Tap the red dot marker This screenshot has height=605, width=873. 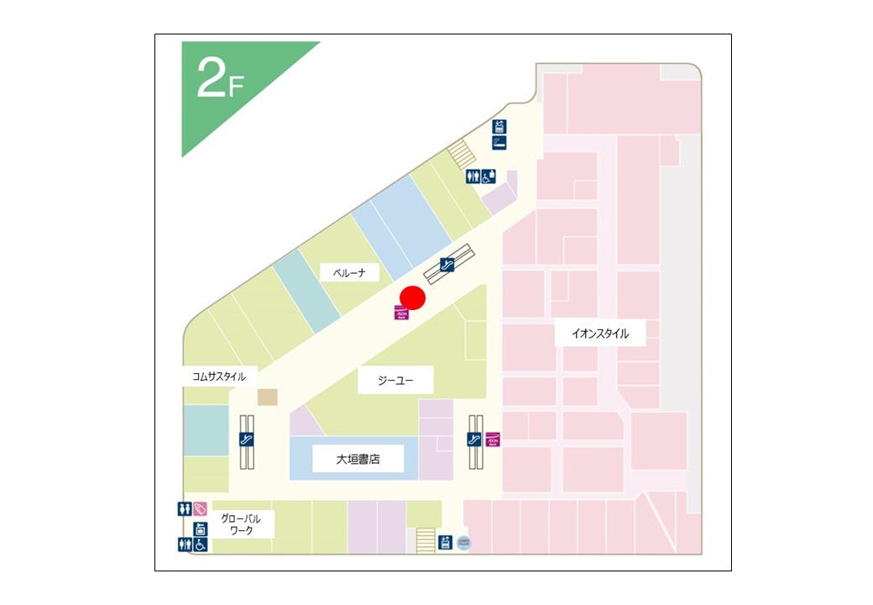(412, 297)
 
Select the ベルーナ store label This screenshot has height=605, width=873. (349, 272)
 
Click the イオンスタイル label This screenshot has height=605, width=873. (600, 334)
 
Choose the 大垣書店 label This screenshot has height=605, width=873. (358, 460)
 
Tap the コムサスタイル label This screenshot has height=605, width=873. (219, 376)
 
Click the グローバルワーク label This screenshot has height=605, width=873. (241, 524)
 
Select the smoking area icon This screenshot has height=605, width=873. (499, 143)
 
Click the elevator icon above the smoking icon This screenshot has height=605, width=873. (499, 127)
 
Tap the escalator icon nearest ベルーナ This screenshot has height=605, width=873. (447, 265)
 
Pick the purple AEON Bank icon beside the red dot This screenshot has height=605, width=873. (400, 313)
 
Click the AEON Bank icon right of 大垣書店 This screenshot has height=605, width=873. (493, 439)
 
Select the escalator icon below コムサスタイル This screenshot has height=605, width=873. (247, 439)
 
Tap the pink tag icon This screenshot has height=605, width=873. (200, 508)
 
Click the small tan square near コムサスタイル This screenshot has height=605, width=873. (267, 397)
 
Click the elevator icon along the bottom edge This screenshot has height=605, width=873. (445, 543)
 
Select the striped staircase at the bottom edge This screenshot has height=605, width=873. (426, 540)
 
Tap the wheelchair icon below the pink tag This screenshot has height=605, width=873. (201, 544)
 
